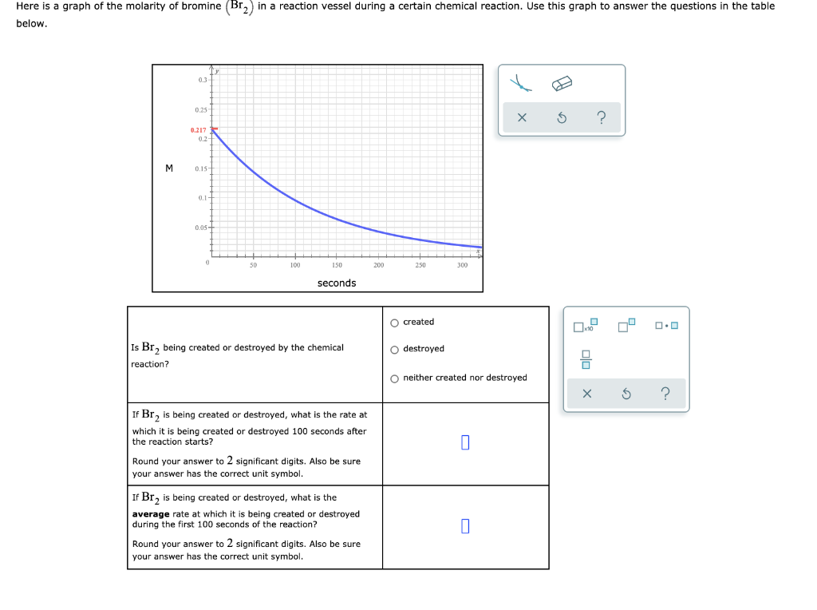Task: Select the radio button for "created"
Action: coord(395,323)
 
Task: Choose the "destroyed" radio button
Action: coord(395,349)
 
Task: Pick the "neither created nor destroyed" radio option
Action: coord(395,378)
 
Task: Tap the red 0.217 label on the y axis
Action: coord(198,129)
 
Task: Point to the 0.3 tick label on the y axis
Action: coord(202,81)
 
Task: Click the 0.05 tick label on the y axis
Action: coord(200,228)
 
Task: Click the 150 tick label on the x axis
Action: coord(337,265)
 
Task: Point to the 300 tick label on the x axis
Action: coord(463,265)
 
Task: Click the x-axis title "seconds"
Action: coord(337,283)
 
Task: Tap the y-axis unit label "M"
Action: coord(169,168)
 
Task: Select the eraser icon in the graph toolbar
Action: coord(562,84)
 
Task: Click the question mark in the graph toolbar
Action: coord(602,119)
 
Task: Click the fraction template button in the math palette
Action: coord(586,360)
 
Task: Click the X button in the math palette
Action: coord(586,394)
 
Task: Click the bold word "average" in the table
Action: coord(151,514)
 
